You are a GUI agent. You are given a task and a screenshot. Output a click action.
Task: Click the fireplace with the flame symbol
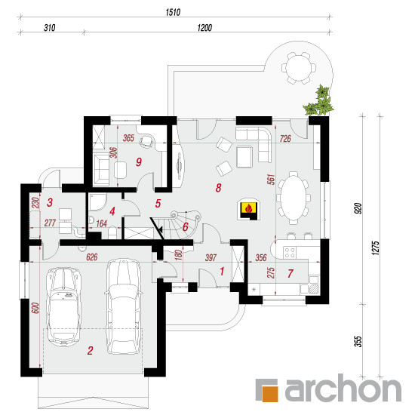pos(248,209)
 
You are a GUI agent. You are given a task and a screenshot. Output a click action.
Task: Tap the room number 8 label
pos(218,188)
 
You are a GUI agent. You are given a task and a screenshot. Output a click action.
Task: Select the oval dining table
pos(294,198)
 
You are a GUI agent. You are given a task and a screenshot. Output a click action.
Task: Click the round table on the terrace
pos(299,67)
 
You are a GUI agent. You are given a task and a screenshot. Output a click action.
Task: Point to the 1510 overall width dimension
pos(173,12)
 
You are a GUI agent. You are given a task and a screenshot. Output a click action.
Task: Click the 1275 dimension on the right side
pos(376,247)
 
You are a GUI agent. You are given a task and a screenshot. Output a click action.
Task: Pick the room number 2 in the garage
pos(91,350)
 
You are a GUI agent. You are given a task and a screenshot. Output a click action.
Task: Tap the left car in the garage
pos(63,306)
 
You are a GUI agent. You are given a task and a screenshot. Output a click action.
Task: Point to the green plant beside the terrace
pos(319,100)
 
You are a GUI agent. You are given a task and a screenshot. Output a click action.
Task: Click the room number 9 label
pos(139,161)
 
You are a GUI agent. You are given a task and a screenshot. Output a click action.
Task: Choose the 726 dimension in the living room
pos(285,138)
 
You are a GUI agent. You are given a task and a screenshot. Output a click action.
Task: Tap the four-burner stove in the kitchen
pos(290,252)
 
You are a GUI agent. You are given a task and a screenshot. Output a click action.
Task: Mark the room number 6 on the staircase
pos(186,227)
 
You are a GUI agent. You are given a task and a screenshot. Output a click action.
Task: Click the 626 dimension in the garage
pos(92,257)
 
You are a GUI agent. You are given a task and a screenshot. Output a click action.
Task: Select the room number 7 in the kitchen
pos(290,273)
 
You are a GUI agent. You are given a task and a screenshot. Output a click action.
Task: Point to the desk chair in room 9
pos(146,141)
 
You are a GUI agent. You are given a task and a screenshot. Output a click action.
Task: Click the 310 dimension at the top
pos(50,28)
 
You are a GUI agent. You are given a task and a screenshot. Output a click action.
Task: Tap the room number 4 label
pos(112,211)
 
